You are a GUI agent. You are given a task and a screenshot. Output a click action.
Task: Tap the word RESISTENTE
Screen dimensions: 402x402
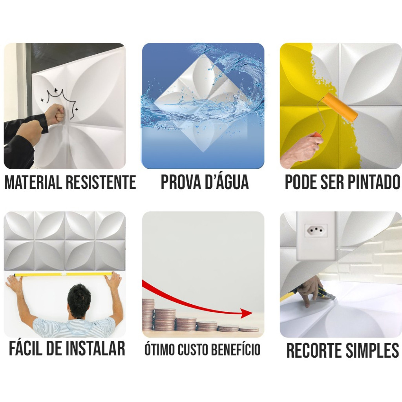pos(101,182)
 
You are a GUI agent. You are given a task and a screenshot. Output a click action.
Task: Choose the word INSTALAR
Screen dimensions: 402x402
pos(95,348)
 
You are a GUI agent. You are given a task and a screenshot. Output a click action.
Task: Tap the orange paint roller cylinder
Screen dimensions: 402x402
pos(340,108)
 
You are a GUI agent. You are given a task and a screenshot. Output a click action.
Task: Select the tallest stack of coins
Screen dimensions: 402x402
pos(148,314)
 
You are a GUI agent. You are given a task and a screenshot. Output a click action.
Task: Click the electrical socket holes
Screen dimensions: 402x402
pos(316,229)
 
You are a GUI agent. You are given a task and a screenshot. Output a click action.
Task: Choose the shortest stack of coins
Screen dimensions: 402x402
pos(249,329)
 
